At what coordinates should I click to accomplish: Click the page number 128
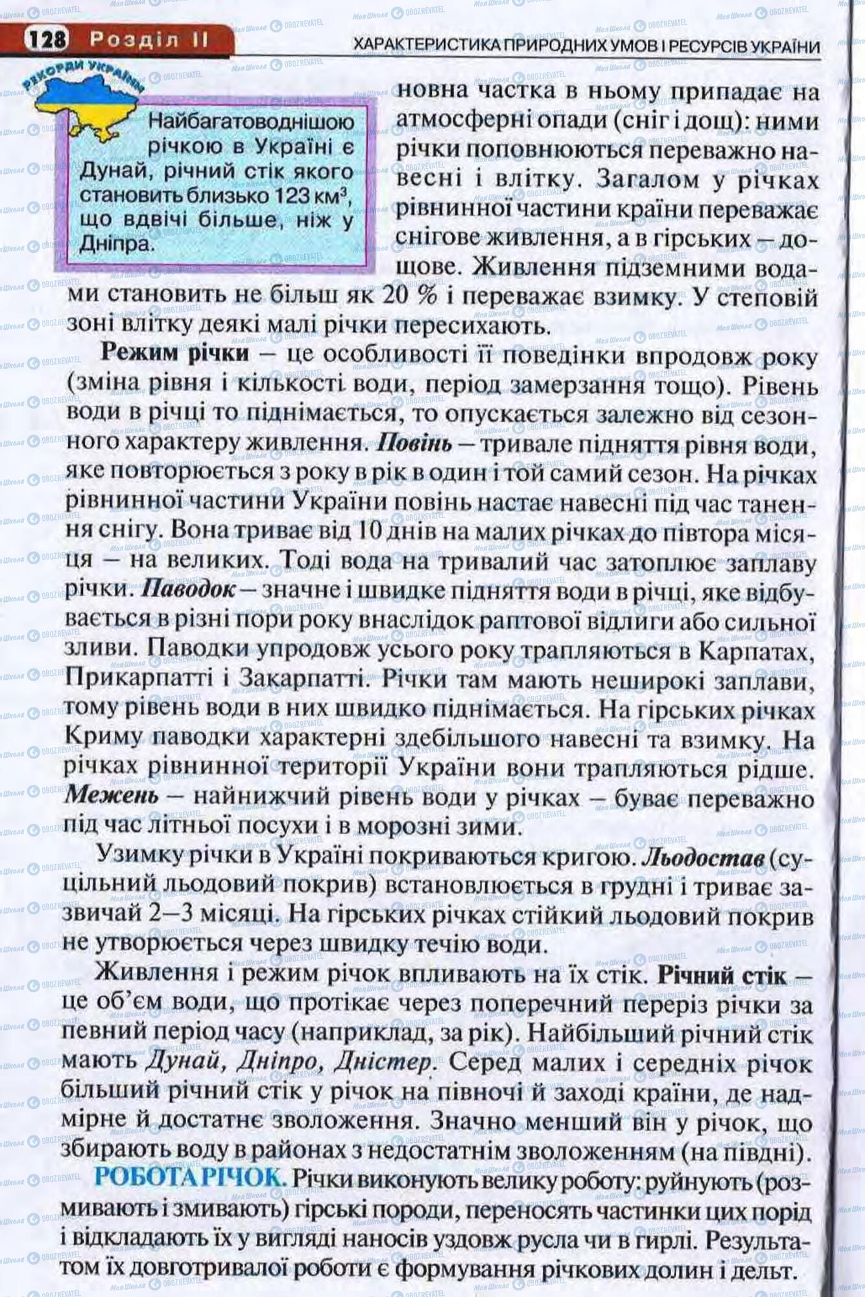[x=47, y=40]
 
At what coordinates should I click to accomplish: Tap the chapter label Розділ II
[x=148, y=40]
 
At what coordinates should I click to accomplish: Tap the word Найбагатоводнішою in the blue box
[x=252, y=121]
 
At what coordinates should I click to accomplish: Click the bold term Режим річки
[x=175, y=353]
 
